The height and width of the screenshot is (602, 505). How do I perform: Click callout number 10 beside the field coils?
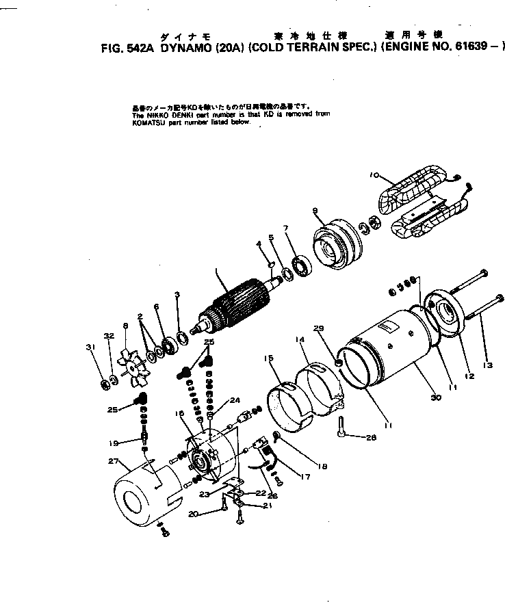(x=374, y=175)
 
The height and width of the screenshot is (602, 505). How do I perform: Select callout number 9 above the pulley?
(x=315, y=210)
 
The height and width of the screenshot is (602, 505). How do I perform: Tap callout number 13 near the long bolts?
(x=487, y=365)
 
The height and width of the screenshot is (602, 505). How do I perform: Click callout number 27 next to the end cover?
(x=114, y=460)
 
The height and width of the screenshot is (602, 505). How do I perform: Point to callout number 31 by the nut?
(x=89, y=347)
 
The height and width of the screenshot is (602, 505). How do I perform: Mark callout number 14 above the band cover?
(x=299, y=339)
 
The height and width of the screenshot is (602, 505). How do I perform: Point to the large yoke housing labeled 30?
(x=390, y=349)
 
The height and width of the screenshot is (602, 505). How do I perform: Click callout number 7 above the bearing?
(x=286, y=227)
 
